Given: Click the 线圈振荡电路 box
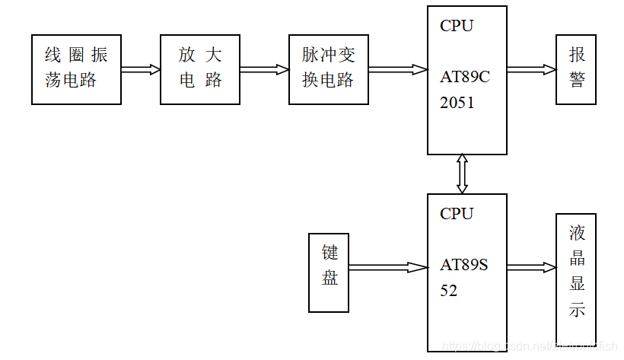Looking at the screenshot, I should pos(76,68).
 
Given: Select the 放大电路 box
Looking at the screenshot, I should pos(200,68).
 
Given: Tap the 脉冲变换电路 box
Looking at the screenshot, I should pos(328,68).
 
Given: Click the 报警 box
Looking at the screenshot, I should pos(576,68).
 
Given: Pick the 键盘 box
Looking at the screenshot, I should pos(329,272).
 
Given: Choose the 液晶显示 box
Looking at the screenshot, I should pos(576,272).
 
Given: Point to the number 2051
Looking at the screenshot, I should pos(457,103).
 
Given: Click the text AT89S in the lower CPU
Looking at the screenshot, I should pos(463,265).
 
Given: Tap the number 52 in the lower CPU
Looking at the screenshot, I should pos(449,291).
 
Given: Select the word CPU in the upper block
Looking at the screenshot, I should pos(457,26).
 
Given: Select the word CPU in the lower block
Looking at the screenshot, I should pos(457,214).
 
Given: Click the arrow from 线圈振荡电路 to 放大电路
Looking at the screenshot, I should pos(141,69).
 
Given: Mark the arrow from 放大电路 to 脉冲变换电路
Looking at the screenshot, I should pos(264,69).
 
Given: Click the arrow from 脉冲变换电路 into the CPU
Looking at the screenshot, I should pos(397,69).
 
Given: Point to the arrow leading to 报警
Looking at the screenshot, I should pos(531,69).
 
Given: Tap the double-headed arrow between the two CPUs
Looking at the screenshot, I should pos(462,174).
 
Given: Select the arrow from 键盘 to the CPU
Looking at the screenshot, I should pos(388,267).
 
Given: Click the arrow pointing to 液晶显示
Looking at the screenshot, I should pos(531,267).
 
